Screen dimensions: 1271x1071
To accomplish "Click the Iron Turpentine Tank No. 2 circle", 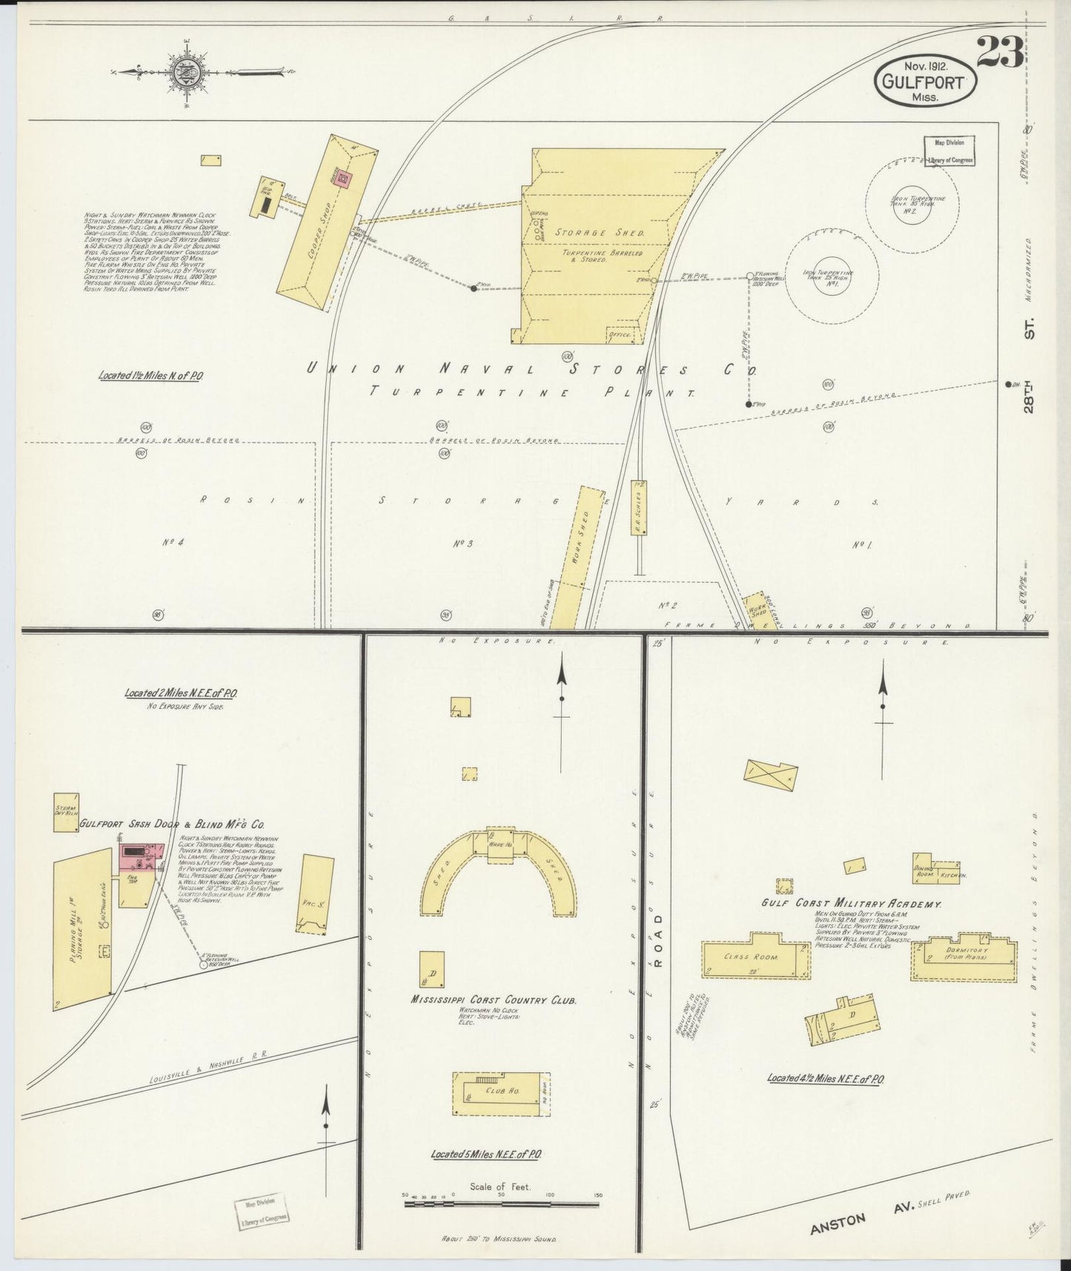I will (x=912, y=201).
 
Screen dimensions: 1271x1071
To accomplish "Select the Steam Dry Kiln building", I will (x=66, y=813).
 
